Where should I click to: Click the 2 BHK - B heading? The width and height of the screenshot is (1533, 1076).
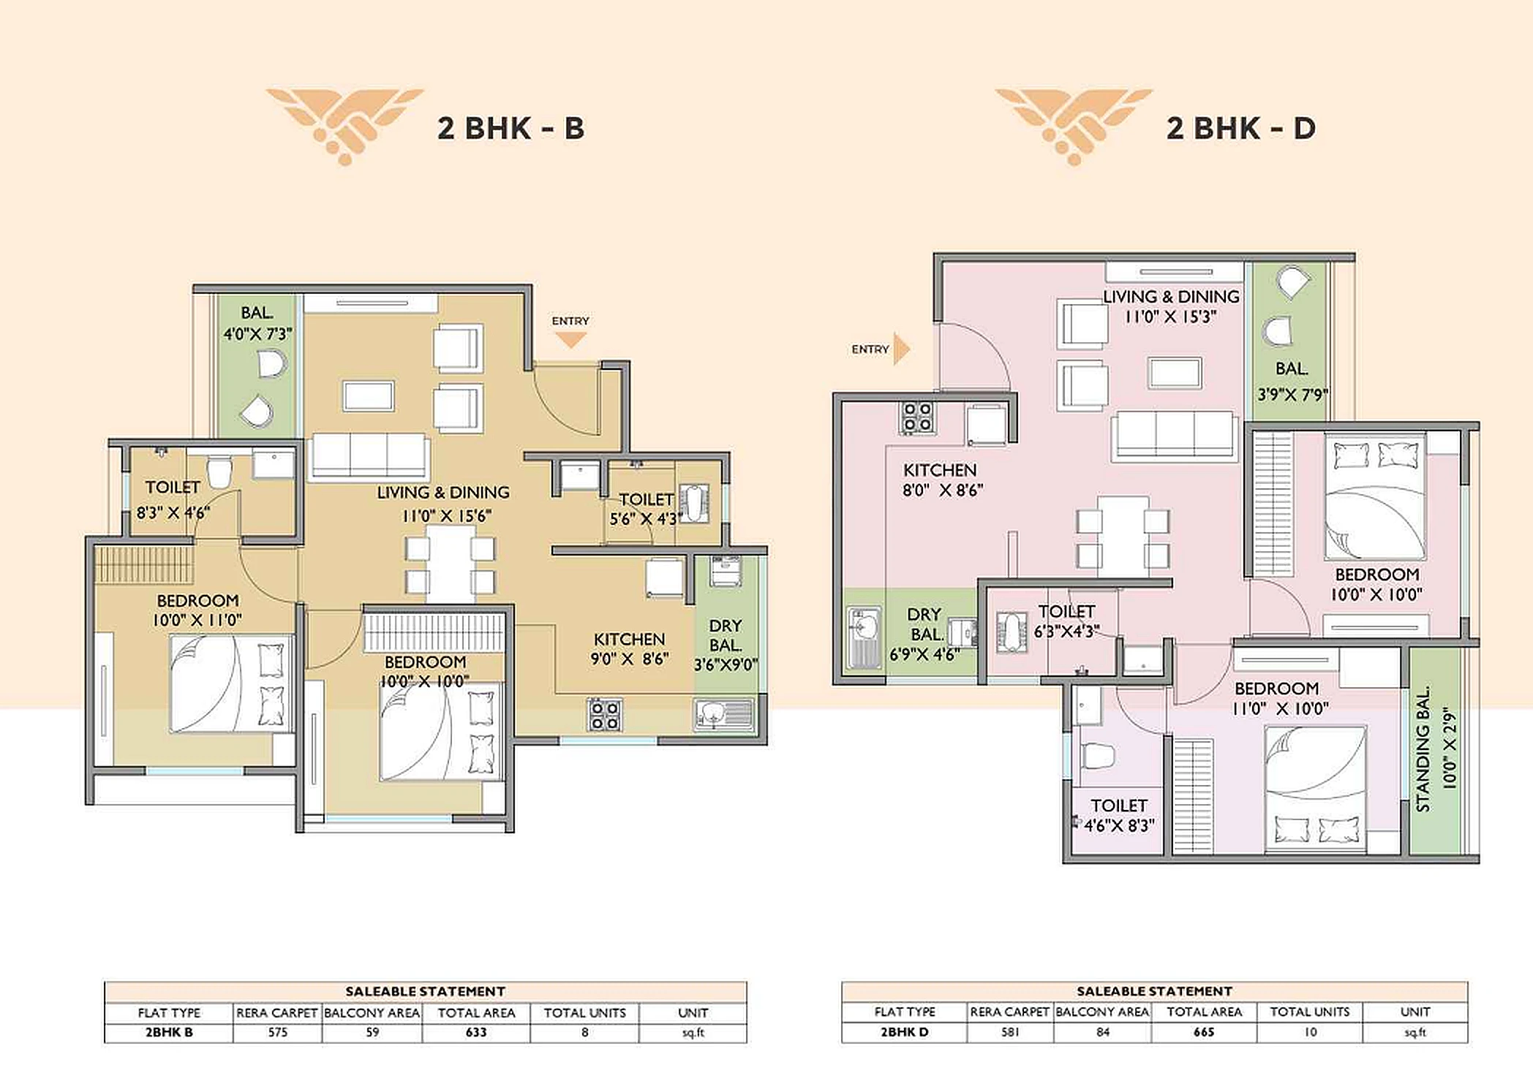511,128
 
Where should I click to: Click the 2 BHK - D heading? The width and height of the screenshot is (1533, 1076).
1240,128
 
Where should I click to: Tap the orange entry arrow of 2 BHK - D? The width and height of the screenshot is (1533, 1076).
901,349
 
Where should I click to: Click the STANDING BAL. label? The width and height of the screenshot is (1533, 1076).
1423,749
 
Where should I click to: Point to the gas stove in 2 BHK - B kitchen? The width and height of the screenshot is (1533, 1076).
604,715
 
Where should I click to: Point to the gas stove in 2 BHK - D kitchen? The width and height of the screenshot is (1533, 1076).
917,417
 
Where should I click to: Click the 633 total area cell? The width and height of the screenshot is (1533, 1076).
475,1032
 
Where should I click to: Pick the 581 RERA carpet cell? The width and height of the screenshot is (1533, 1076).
1009,1032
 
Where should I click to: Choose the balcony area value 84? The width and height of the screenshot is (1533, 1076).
1102,1032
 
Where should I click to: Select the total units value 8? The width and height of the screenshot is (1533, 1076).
584,1032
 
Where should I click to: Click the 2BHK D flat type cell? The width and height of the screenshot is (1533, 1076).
904,1032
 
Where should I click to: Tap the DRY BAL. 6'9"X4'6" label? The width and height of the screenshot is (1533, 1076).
924,634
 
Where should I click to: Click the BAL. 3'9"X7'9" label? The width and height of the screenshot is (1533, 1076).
1292,382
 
